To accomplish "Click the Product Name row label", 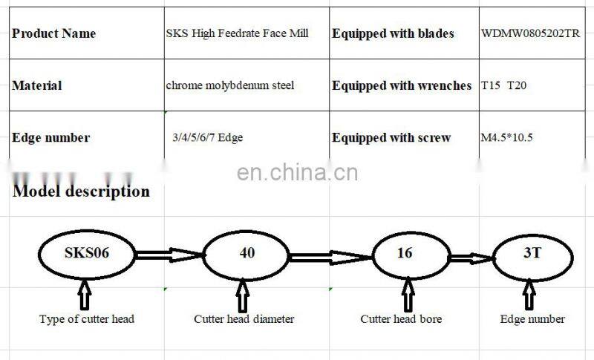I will [54, 33].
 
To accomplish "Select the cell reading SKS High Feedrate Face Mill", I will [237, 33].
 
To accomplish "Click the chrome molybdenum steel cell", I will [230, 85].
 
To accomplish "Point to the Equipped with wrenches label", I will [402, 85].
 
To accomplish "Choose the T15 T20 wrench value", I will [504, 85].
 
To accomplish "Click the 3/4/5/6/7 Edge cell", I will [207, 137].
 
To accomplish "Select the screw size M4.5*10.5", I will [507, 137].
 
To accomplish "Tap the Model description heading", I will [82, 191].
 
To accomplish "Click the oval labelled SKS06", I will [86, 253].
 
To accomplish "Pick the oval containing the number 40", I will [247, 253].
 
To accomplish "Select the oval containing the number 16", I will [405, 253].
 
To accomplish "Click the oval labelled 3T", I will [532, 253].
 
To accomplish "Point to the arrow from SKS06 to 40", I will [169, 255].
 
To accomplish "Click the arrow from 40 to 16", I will [330, 257].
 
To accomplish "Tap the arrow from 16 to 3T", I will [471, 258].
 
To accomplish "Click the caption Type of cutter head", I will [86, 319].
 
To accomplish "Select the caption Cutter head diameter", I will [244, 319].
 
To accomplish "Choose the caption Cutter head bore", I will [401, 319].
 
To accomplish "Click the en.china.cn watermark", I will [297, 173].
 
